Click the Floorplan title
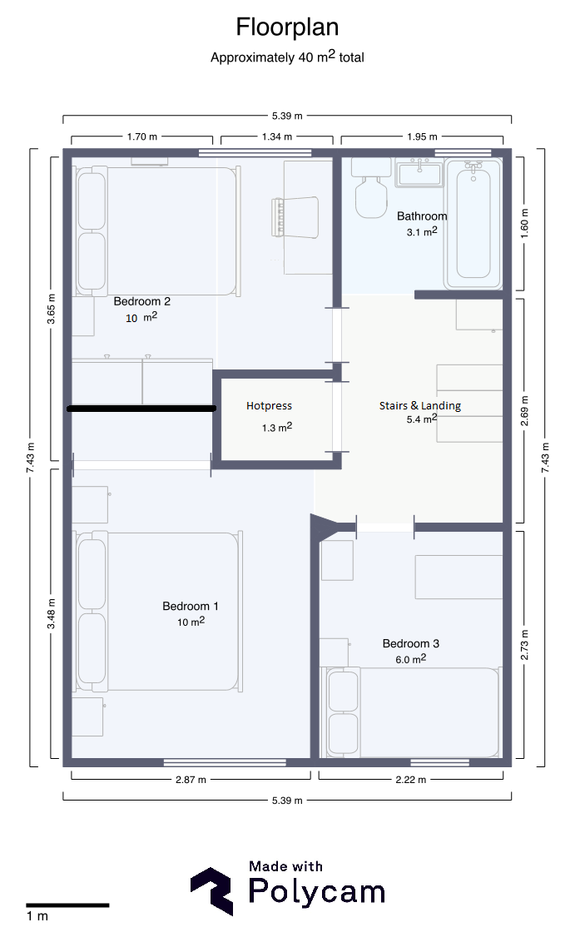pyautogui.click(x=287, y=27)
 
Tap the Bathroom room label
pyautogui.click(x=422, y=216)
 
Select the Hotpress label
pyautogui.click(x=269, y=406)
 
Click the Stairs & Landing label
pyautogui.click(x=420, y=406)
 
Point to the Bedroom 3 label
pyautogui.click(x=410, y=643)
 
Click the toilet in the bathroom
pyautogui.click(x=370, y=187)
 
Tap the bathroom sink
pyautogui.click(x=419, y=173)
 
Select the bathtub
pyautogui.click(x=473, y=224)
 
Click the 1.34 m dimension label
pyautogui.click(x=277, y=136)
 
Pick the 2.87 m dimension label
pyautogui.click(x=191, y=780)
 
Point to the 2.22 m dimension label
pyautogui.click(x=410, y=780)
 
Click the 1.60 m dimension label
pyautogui.click(x=524, y=224)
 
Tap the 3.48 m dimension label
pyautogui.click(x=52, y=614)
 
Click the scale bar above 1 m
pyautogui.click(x=67, y=905)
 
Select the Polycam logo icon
pyautogui.click(x=211, y=891)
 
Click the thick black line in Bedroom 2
pyautogui.click(x=141, y=409)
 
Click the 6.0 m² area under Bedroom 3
pyautogui.click(x=410, y=659)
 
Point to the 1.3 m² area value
pyautogui.click(x=277, y=427)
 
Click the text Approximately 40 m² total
pyautogui.click(x=287, y=57)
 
